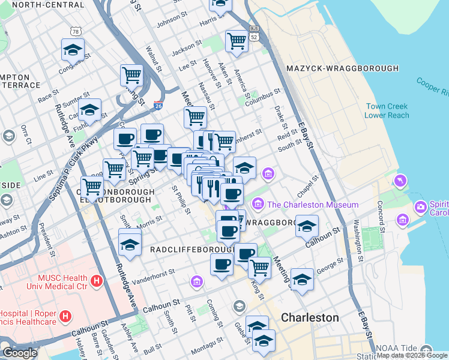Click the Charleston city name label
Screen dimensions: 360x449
click(310, 317)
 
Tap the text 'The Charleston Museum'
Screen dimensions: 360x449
click(313, 205)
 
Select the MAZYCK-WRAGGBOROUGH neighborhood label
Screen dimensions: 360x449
click(343, 68)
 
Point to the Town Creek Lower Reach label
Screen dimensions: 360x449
click(388, 111)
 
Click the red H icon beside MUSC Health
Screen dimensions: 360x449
click(96, 280)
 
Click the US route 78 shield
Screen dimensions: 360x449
click(75, 31)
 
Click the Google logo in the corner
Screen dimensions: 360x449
click(20, 353)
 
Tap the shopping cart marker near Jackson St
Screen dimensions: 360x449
click(237, 41)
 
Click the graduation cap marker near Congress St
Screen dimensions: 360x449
click(73, 49)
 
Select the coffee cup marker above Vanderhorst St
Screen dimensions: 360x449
click(221, 263)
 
